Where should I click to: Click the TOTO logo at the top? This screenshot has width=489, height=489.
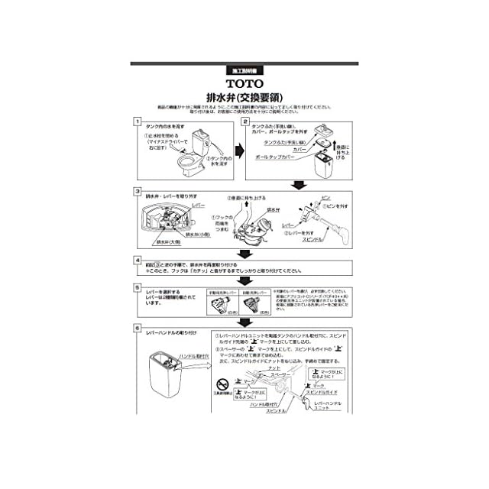click(x=244, y=83)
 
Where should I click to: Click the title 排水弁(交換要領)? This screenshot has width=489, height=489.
click(x=244, y=96)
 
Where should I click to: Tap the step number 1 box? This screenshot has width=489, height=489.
click(x=137, y=121)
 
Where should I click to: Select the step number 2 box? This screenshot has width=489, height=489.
click(x=246, y=121)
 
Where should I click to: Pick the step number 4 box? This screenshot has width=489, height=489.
click(x=137, y=260)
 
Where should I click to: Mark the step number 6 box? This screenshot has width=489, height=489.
click(x=137, y=329)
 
